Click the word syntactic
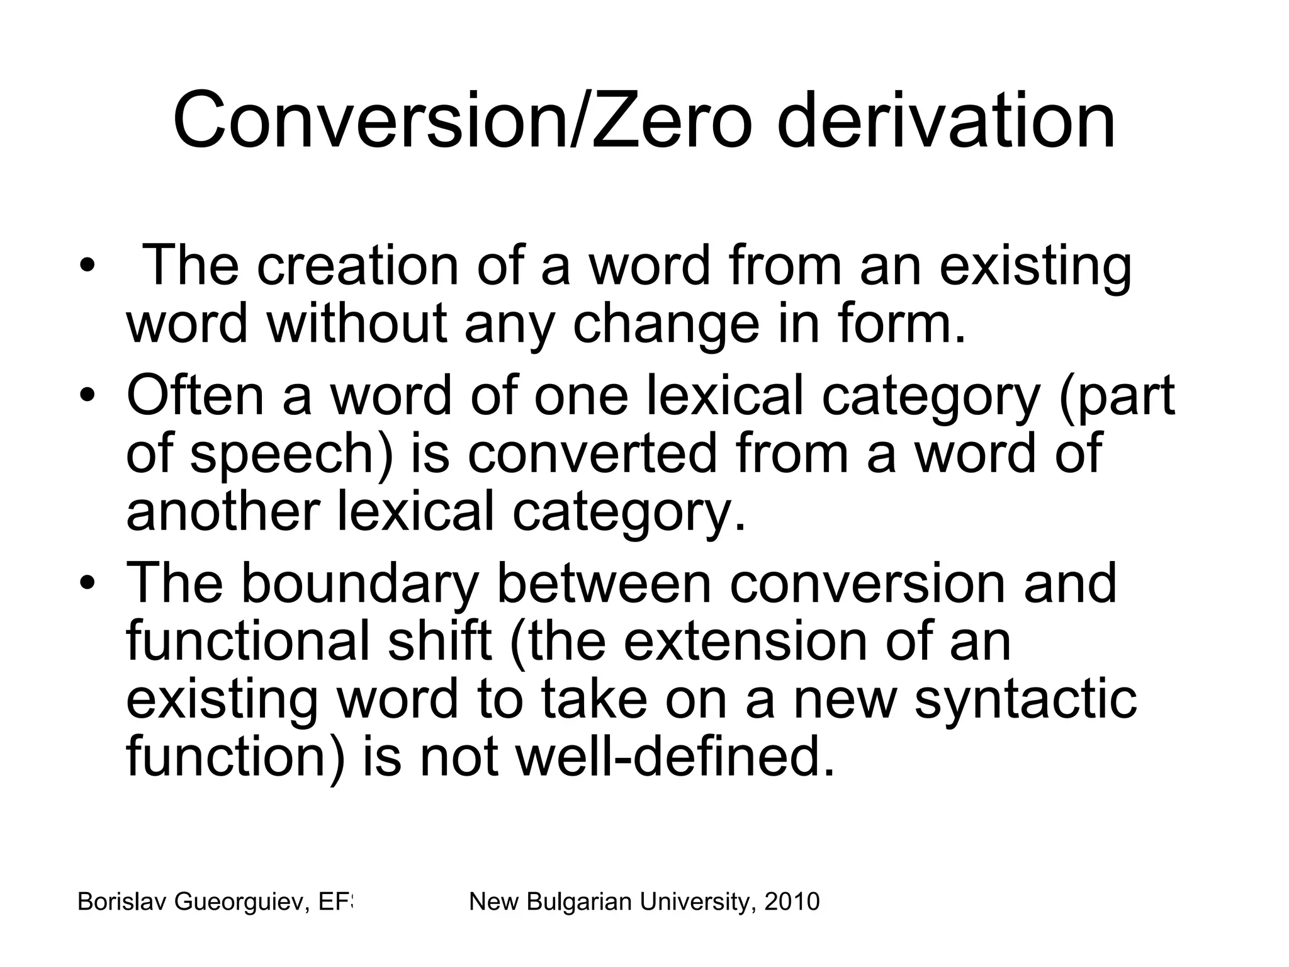(x=1025, y=700)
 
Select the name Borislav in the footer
(x=122, y=902)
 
